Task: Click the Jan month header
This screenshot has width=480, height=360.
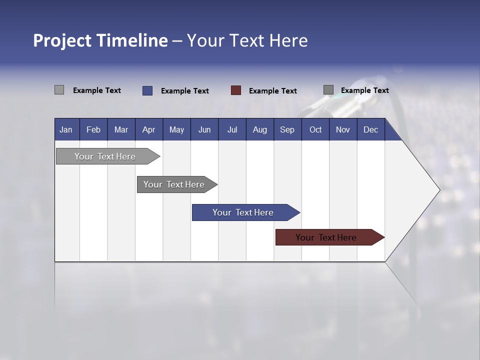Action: click(66, 129)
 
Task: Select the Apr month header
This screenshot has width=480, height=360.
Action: click(148, 129)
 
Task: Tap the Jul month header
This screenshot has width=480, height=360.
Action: click(232, 129)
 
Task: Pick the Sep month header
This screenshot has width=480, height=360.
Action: click(287, 129)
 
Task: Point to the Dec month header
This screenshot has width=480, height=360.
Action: click(370, 129)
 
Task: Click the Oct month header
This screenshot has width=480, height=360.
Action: click(315, 129)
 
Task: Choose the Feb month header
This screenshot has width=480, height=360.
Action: click(93, 129)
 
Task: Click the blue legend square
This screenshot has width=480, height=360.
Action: click(147, 90)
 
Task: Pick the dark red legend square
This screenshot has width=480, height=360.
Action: click(236, 90)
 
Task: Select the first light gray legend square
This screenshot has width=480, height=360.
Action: click(59, 90)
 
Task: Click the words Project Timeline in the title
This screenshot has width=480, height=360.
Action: click(100, 40)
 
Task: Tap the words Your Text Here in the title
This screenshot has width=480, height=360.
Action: click(247, 40)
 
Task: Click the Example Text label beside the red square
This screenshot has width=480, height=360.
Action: click(272, 91)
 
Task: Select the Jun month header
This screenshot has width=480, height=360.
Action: click(204, 129)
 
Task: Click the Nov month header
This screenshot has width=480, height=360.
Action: click(342, 129)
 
